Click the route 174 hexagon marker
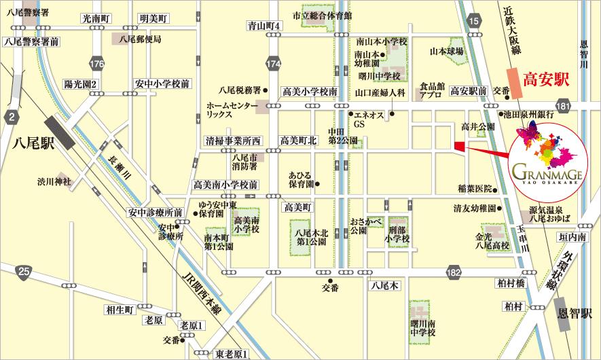click(x=274, y=64)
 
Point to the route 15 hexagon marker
click(x=475, y=22)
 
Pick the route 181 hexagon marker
click(x=562, y=105)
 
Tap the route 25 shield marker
click(x=24, y=273)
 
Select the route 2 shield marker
click(x=12, y=118)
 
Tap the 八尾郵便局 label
click(x=140, y=39)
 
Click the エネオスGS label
click(x=371, y=120)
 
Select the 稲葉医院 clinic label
click(x=474, y=188)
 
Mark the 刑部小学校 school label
click(x=397, y=232)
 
